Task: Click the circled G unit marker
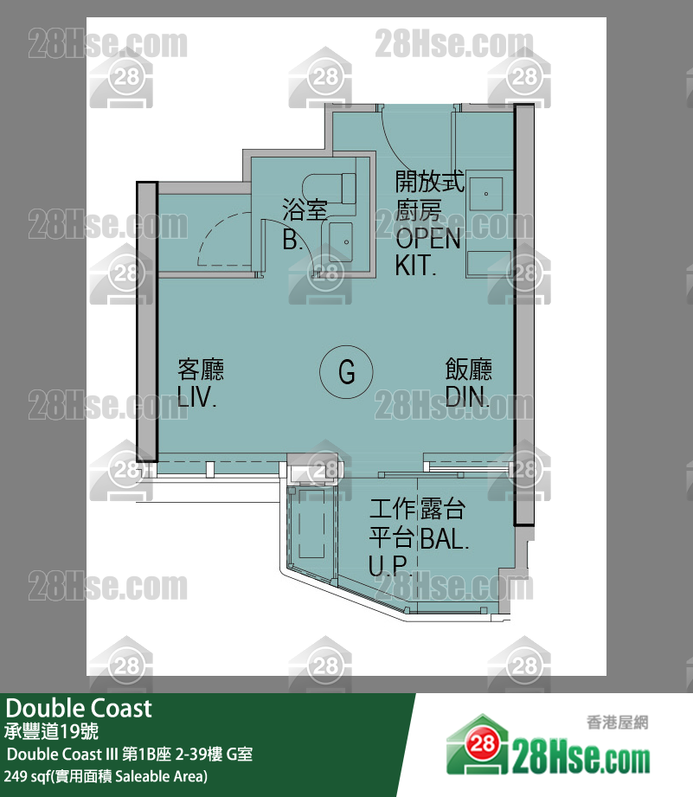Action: coord(346,372)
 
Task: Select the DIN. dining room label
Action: coord(468,398)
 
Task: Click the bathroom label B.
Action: coord(292,241)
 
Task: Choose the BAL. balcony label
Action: coord(445,539)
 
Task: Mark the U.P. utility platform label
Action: coord(388,567)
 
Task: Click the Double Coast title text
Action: coord(79,709)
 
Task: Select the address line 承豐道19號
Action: coord(52,732)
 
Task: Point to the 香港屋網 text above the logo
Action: coord(617,723)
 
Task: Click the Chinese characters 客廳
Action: coord(201,370)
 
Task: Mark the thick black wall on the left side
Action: coord(146,320)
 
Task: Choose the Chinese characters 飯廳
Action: coord(468,370)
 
